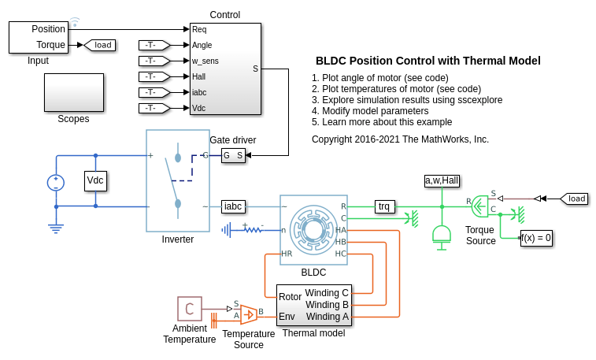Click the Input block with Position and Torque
point(38,37)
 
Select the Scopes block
point(73,93)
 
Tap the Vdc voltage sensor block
point(95,180)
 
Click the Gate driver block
point(233,155)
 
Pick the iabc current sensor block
point(233,206)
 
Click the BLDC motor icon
point(313,229)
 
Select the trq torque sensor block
point(383,206)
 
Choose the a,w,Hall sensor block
point(442,180)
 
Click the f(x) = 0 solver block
point(536,237)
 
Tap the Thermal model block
point(313,306)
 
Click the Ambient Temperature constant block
point(189,309)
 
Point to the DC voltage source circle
point(56,183)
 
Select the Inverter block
point(177,181)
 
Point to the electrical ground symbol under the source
point(56,228)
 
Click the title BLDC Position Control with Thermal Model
point(428,61)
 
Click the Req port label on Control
point(199,29)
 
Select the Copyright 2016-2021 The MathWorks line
point(400,139)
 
